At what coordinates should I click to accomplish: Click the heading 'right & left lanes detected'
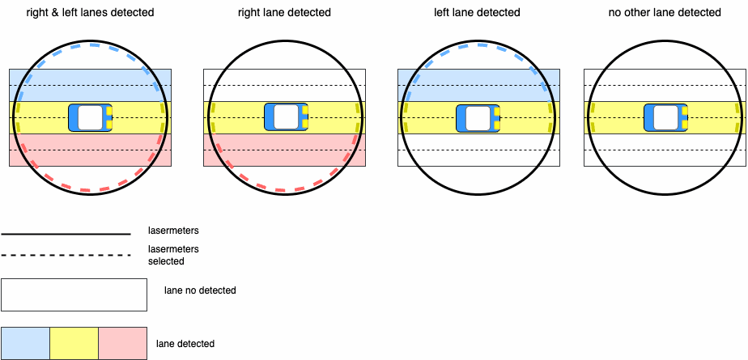tap(90, 13)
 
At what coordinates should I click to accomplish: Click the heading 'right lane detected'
tap(284, 13)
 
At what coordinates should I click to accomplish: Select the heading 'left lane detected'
tap(477, 13)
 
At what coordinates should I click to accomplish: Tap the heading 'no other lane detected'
tap(665, 13)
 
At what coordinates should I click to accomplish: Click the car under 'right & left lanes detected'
tap(90, 117)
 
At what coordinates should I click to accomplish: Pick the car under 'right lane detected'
tap(286, 117)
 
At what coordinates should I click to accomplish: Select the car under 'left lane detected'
tap(478, 118)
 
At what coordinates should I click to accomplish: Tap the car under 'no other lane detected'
tap(665, 118)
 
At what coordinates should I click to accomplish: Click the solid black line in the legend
tap(66, 234)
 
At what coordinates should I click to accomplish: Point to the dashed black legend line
tap(66, 256)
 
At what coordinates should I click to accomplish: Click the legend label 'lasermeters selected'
tap(173, 256)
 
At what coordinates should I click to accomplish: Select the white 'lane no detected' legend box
tap(74, 294)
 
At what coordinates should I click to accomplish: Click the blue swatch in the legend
tap(25, 344)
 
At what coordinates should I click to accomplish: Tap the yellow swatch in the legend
tap(74, 344)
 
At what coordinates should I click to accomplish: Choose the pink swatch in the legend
tap(122, 344)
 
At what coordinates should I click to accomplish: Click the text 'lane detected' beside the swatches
tap(185, 344)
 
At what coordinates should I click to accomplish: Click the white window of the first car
tap(90, 117)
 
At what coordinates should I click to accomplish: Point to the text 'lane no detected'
tap(200, 290)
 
